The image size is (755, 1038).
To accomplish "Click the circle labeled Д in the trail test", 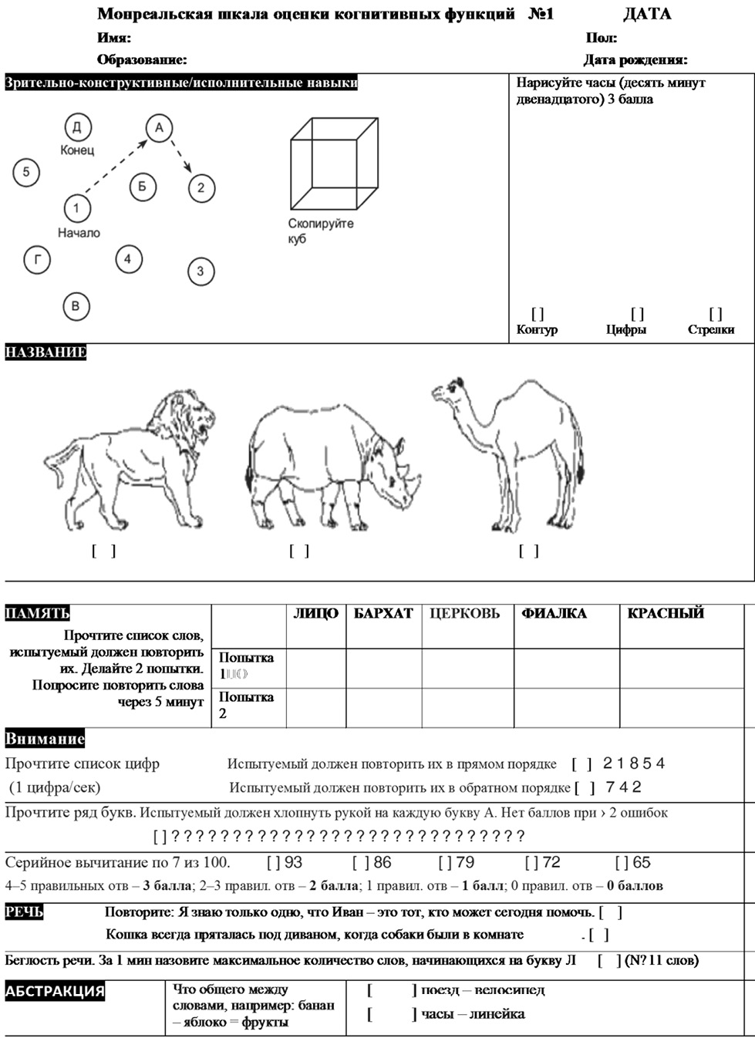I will (77, 127).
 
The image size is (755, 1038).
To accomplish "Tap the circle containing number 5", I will (26, 172).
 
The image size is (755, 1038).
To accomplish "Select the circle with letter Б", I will (143, 187).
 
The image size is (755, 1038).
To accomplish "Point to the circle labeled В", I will (76, 306).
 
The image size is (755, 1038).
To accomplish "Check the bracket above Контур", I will (538, 314).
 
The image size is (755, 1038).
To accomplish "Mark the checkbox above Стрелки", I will (716, 314).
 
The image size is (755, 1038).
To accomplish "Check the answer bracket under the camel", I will (528, 551).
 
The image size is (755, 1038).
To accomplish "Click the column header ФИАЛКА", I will (554, 614).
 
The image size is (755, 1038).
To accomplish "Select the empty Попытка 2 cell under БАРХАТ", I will (383, 707).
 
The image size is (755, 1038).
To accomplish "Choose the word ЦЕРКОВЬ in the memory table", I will (464, 614).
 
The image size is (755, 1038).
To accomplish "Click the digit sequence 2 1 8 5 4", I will (633, 763).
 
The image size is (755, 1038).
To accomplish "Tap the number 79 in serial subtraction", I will (465, 862).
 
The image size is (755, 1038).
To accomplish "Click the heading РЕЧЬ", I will (24, 912).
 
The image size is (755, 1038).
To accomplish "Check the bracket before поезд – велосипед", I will (392, 990).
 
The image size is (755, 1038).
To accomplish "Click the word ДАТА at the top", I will (647, 14).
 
